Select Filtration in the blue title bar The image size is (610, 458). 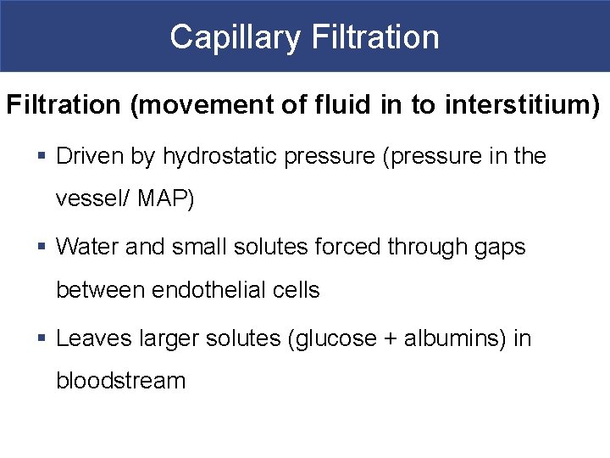click(x=375, y=37)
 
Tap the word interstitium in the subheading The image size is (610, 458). click(x=518, y=105)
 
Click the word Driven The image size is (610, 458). click(x=89, y=156)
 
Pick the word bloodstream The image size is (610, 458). click(x=120, y=381)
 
